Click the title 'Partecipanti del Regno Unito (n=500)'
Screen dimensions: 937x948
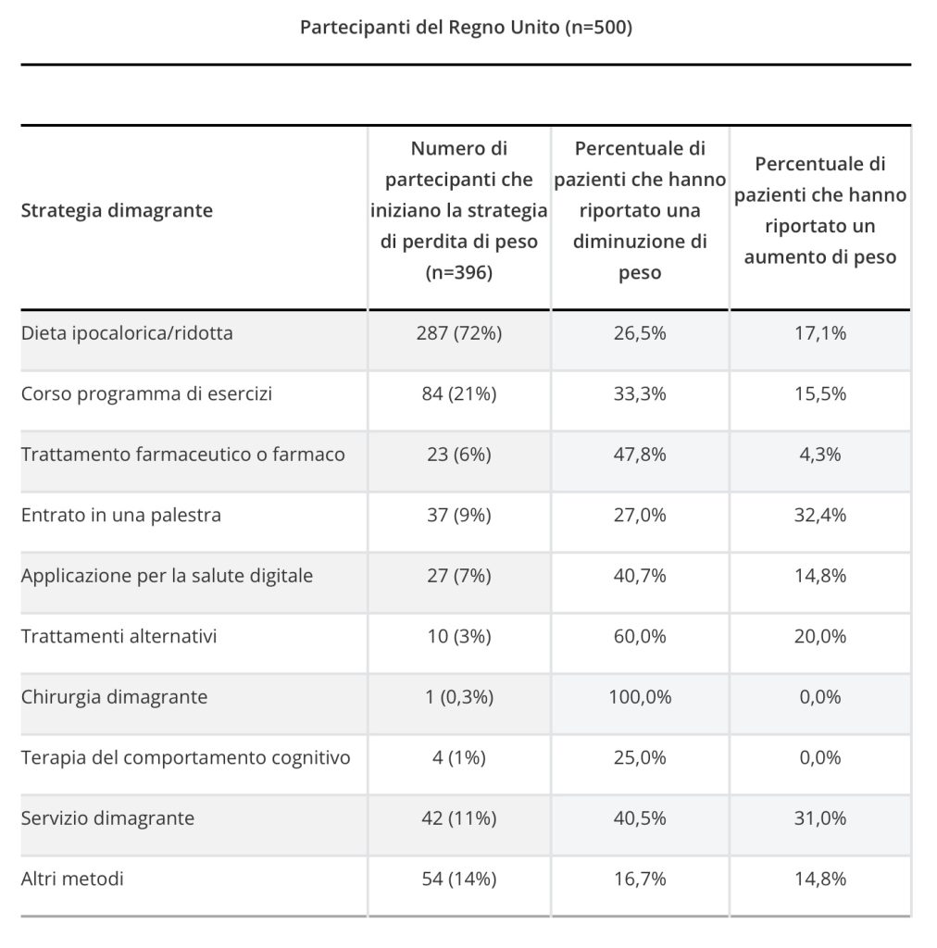click(466, 27)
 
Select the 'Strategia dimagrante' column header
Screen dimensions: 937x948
click(117, 210)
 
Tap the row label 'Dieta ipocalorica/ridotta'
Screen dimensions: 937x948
click(127, 333)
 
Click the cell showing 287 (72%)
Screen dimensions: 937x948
click(459, 333)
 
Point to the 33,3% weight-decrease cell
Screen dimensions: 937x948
click(640, 394)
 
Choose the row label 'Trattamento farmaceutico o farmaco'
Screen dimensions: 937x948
click(182, 454)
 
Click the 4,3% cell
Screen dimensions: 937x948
click(819, 455)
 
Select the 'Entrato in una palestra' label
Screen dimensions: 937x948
click(121, 515)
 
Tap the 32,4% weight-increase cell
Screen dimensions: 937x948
click(819, 515)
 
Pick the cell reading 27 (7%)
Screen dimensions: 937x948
click(459, 576)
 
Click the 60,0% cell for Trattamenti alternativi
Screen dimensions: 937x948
click(640, 637)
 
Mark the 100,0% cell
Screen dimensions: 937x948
click(640, 697)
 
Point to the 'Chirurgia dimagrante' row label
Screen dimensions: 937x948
click(114, 697)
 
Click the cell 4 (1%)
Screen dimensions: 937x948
click(459, 757)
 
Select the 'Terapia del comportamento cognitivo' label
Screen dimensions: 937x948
click(185, 757)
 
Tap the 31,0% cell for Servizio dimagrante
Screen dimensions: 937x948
click(819, 818)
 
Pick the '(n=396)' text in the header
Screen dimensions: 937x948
click(459, 273)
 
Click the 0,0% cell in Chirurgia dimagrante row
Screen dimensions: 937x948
click(819, 697)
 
